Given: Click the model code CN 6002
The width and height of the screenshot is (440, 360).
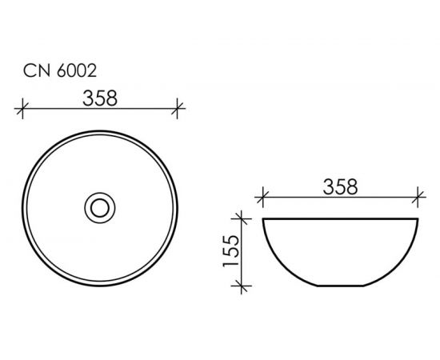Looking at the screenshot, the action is [x=60, y=70].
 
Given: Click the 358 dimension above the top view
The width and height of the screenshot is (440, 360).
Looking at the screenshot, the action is [x=100, y=98].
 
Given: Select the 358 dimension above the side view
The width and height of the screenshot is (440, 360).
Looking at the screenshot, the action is [x=340, y=187].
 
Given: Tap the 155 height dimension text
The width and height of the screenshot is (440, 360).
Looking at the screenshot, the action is [x=230, y=251].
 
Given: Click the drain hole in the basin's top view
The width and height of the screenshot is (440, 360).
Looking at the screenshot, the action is [x=100, y=208].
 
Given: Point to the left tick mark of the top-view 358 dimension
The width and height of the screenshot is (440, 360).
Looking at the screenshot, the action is [x=22, y=108].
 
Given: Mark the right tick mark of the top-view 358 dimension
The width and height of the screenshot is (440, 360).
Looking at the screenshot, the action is [x=177, y=108].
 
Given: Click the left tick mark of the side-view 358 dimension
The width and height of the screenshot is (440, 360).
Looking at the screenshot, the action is [x=262, y=198].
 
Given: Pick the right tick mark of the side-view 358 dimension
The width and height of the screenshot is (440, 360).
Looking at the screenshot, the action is [x=418, y=198].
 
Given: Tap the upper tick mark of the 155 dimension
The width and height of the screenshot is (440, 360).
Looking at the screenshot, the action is [x=242, y=218].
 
